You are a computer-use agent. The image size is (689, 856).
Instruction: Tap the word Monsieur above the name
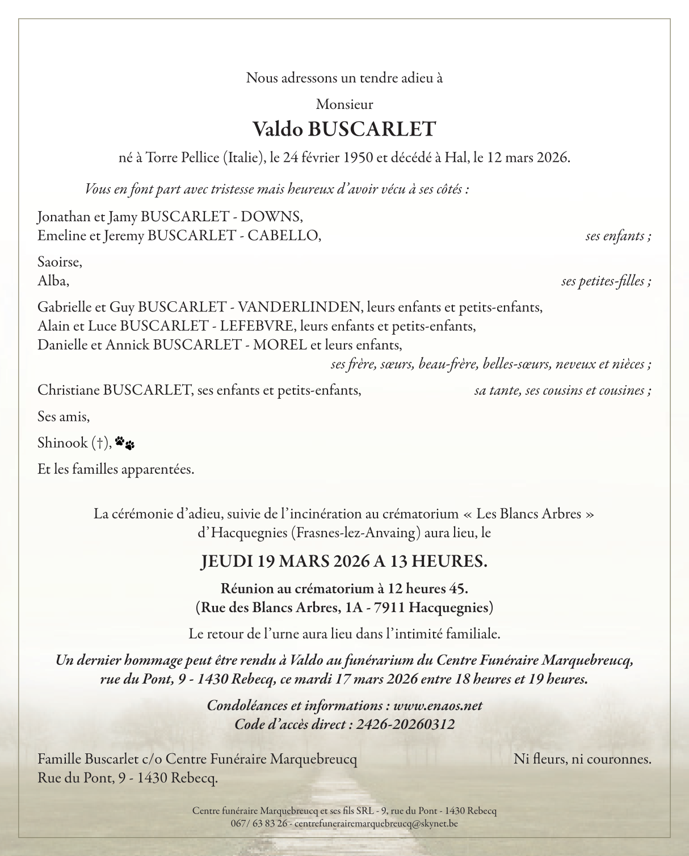[344, 104]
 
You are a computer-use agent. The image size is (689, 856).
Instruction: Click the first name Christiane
[68, 390]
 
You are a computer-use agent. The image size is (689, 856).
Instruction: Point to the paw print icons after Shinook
[125, 443]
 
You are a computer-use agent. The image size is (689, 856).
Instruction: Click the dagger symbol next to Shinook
[100, 443]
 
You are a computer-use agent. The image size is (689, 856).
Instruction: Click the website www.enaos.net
[438, 706]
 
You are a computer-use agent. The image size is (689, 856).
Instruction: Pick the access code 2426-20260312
[405, 724]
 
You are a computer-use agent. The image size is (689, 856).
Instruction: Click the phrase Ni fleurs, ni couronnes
[582, 759]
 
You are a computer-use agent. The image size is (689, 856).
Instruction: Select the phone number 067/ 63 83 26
[259, 824]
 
